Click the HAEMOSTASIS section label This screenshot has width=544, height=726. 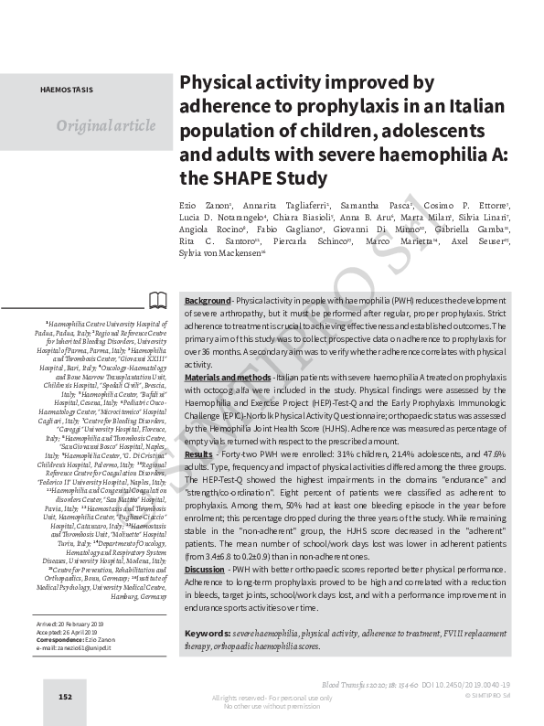65,92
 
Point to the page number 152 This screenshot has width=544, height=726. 65,697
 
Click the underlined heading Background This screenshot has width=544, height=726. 208,301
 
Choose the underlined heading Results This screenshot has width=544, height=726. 199,454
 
